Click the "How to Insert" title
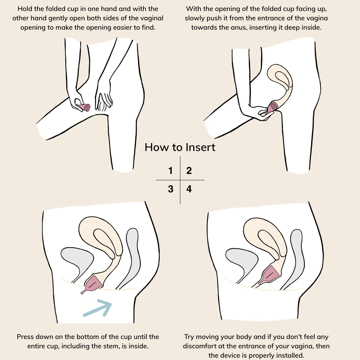[x=180, y=147]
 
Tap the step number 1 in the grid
[x=170, y=171]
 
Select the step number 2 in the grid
[x=189, y=171]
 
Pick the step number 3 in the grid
[x=171, y=189]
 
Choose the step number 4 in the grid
[x=189, y=189]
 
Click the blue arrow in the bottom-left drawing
[x=98, y=308]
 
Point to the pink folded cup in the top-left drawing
[x=83, y=107]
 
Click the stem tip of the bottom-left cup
[x=82, y=293]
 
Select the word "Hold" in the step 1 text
[x=25, y=9]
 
